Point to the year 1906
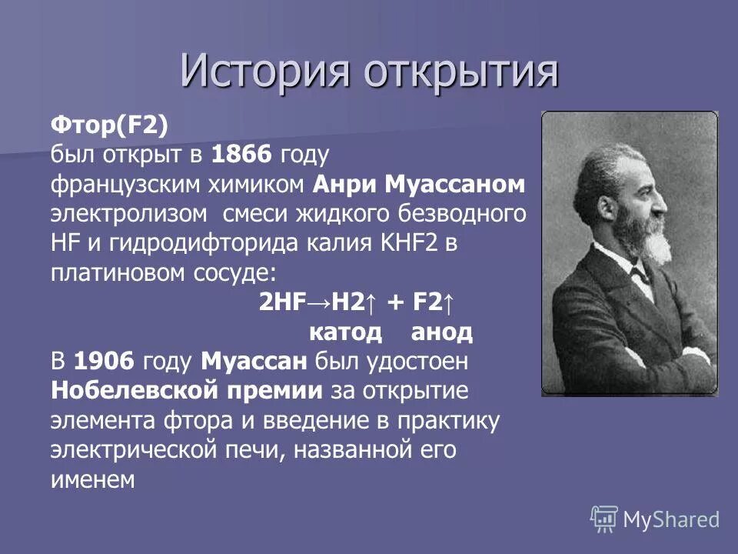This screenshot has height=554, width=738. [x=105, y=359]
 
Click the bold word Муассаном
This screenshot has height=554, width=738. [x=454, y=185]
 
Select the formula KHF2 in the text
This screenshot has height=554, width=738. [x=409, y=243]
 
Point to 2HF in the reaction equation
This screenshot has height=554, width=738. [x=280, y=302]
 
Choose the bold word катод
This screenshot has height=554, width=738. [x=344, y=332]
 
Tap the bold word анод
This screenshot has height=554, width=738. [x=441, y=332]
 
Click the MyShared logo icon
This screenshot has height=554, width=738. [x=604, y=519]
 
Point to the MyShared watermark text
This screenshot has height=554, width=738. [x=671, y=520]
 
